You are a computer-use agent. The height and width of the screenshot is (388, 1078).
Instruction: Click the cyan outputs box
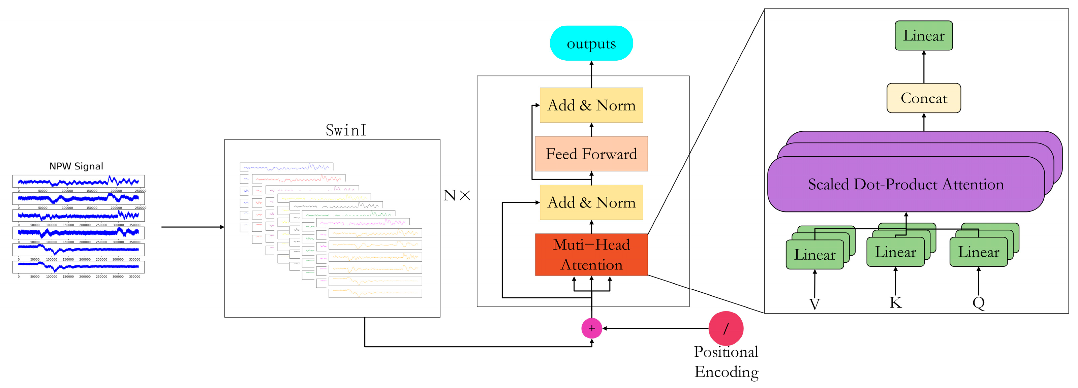(x=591, y=43)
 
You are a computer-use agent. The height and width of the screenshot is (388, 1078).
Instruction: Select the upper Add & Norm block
(x=591, y=105)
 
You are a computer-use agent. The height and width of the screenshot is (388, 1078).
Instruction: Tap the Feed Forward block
(x=591, y=154)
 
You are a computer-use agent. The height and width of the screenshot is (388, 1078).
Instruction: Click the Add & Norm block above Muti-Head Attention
(x=591, y=202)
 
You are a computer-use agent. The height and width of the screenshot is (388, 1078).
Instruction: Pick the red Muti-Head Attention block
(x=591, y=254)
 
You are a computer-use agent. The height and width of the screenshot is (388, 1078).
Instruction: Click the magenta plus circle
(x=591, y=328)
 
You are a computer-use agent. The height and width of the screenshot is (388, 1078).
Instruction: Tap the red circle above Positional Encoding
(x=726, y=328)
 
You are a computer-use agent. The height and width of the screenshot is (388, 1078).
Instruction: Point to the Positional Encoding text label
(x=726, y=362)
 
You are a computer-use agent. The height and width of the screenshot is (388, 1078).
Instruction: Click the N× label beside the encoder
(x=457, y=195)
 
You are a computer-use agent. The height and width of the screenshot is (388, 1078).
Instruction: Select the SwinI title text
(x=346, y=130)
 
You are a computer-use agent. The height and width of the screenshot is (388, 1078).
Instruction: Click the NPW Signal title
(x=76, y=166)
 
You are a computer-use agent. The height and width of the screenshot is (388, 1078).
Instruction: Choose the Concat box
(x=924, y=98)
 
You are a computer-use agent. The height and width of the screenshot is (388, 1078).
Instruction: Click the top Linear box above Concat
(x=924, y=36)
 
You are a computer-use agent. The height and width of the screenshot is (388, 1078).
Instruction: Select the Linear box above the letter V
(x=814, y=255)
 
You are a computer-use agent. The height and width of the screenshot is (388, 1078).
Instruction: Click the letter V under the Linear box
(x=814, y=304)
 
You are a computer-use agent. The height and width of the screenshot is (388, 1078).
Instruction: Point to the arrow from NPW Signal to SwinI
(x=192, y=227)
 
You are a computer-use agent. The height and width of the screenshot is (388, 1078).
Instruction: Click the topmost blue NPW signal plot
(x=78, y=182)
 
